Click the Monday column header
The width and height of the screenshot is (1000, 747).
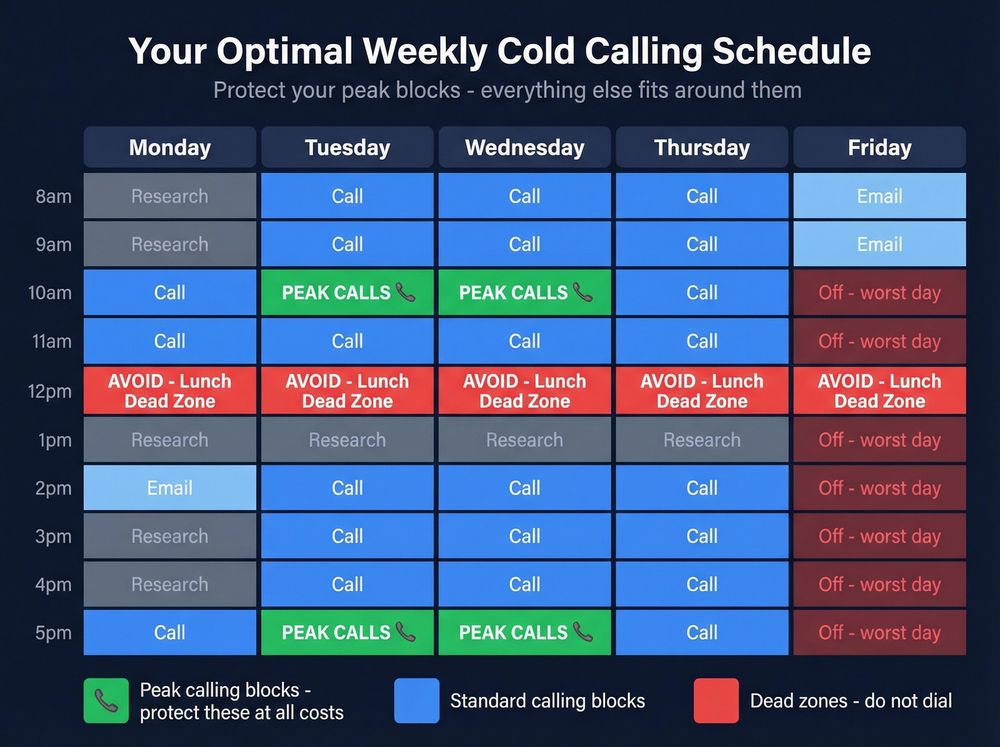coord(170,147)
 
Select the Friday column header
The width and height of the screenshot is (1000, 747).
coord(879,147)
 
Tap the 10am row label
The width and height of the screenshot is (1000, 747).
coord(50,292)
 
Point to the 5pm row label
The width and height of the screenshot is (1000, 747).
coord(54,633)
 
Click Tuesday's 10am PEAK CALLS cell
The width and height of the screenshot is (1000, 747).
coord(347,292)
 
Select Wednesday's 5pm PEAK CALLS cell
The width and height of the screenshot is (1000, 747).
coord(524,633)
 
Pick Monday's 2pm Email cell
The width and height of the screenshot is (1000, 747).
coord(170,488)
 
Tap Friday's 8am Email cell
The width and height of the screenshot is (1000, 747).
coord(879,196)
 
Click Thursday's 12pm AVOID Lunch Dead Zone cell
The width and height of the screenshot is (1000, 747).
coord(702,391)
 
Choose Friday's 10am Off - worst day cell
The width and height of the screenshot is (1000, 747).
coord(879,292)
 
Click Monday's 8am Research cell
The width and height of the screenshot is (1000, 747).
coord(170,196)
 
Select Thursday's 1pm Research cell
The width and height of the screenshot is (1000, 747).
coord(702,440)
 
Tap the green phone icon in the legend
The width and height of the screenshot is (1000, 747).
coord(106,701)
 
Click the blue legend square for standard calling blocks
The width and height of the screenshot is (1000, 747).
coord(416,701)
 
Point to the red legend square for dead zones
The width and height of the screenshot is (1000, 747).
coord(716,701)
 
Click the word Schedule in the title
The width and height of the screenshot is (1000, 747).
coord(791,51)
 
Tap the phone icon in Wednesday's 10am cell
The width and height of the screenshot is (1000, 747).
coord(583,292)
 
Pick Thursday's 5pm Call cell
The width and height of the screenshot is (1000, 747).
coord(702,633)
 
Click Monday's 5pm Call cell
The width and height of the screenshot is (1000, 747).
coord(170,633)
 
